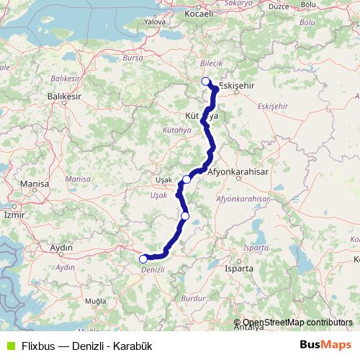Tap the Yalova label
point(155,42)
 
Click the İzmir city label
point(14,215)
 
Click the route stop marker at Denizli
point(143,258)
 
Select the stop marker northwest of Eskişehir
point(206,81)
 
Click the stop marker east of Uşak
point(186,179)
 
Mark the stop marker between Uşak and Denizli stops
point(185,215)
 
